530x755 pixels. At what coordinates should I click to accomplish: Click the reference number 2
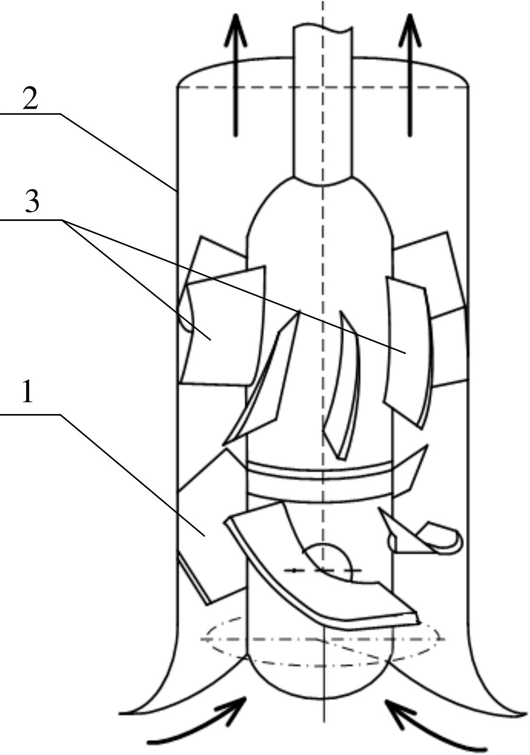click(30, 99)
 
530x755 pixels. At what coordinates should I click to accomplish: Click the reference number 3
click(32, 201)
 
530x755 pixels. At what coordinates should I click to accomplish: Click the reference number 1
click(28, 391)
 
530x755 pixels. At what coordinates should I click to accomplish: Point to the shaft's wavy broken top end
click(323, 28)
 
